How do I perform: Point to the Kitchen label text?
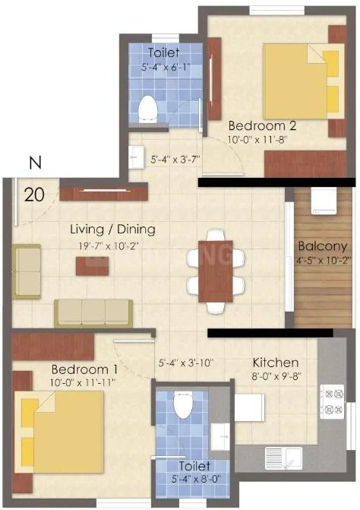275,363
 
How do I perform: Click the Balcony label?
322,246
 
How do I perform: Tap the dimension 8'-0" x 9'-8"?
275,375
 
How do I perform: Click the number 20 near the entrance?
33,193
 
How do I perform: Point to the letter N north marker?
33,162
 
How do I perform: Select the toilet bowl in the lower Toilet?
182,404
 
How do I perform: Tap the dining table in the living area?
215,271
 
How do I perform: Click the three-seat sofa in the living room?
93,312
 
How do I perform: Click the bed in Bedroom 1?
61,426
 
